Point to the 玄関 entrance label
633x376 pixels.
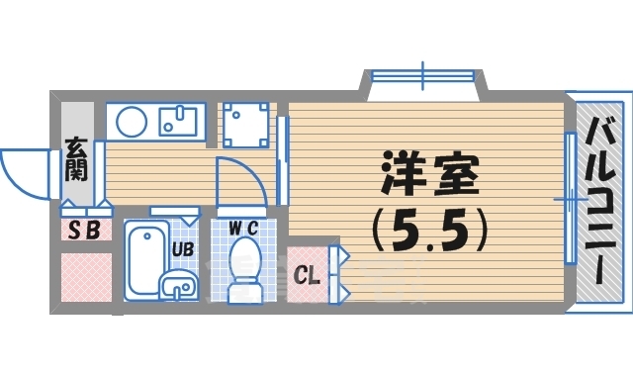(76, 159)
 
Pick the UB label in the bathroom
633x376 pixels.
(183, 249)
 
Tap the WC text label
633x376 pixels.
(242, 228)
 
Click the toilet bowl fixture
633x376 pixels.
(243, 270)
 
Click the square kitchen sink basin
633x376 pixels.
(178, 122)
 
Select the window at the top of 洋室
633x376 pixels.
(422, 75)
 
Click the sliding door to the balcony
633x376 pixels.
(570, 198)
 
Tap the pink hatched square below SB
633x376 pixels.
(86, 277)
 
